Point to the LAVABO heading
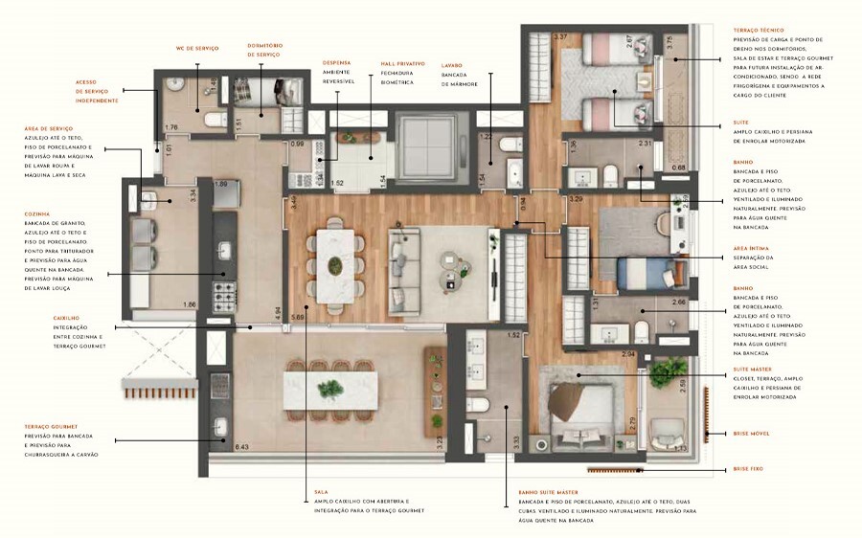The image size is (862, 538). [x=452, y=63]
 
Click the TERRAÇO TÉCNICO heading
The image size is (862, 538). [x=759, y=31]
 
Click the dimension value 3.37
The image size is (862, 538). [x=560, y=37]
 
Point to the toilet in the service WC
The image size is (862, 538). [x=215, y=121]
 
